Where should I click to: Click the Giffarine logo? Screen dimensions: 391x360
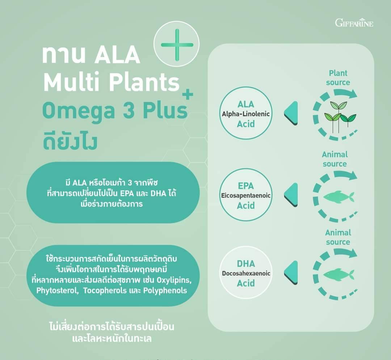(x=354, y=22)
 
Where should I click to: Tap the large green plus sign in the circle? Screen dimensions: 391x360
(x=177, y=45)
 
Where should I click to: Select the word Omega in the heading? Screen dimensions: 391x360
(x=79, y=111)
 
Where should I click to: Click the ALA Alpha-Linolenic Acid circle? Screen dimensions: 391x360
(x=246, y=113)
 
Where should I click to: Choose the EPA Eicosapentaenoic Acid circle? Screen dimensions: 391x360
(x=246, y=195)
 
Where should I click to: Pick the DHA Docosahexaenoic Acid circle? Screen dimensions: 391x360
(x=246, y=272)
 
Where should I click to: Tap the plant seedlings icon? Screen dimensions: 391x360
(x=340, y=117)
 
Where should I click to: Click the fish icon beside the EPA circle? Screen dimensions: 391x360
(x=339, y=197)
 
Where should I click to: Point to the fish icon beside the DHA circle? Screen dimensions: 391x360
(x=339, y=275)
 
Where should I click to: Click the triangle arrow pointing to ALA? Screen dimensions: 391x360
(x=291, y=113)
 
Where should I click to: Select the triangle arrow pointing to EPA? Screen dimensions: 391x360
(x=291, y=195)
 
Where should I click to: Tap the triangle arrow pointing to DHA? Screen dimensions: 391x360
(x=291, y=272)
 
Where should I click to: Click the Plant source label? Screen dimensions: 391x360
(x=338, y=78)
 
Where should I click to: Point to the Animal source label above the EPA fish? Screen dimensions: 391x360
(x=335, y=159)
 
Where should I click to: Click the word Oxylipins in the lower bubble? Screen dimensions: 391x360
(x=174, y=280)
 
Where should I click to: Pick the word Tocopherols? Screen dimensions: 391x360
(x=105, y=291)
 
